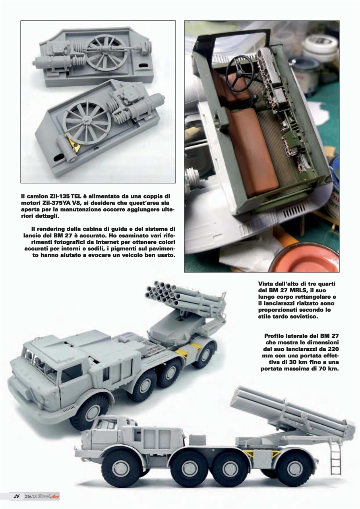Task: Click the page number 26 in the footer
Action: click(x=17, y=496)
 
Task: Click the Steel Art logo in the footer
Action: click(x=51, y=496)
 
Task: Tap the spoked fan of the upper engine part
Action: click(x=107, y=51)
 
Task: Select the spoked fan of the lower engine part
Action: click(x=87, y=122)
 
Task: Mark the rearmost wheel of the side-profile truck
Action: click(x=293, y=467)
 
